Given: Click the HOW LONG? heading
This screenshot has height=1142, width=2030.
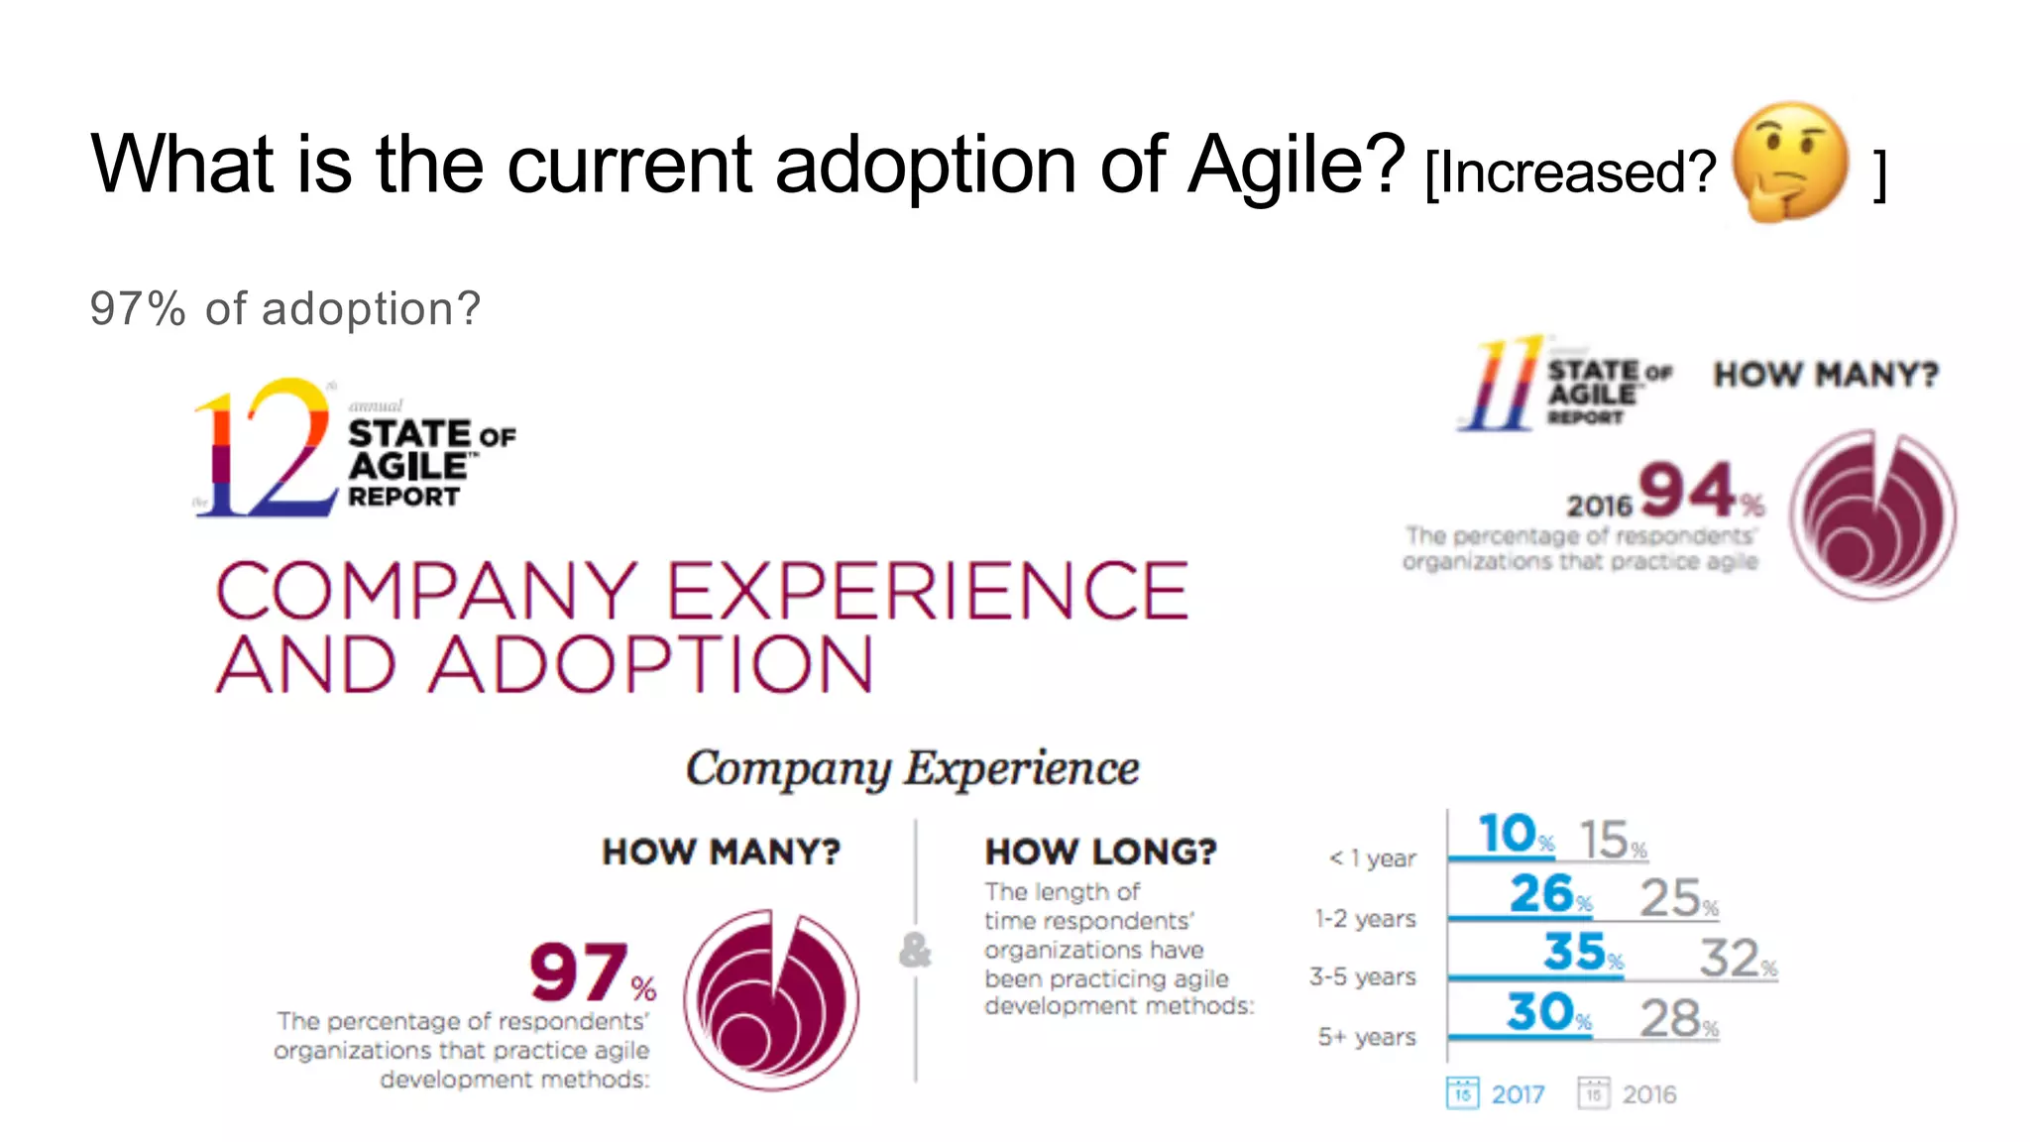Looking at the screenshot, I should tap(1100, 852).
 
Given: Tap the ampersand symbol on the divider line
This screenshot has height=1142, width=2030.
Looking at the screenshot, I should tap(915, 950).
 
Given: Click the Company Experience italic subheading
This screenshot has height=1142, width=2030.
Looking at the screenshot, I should tap(912, 768).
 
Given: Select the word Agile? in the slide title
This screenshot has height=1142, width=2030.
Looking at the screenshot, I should tap(1296, 165).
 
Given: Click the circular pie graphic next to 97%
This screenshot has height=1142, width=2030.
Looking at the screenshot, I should tap(772, 999).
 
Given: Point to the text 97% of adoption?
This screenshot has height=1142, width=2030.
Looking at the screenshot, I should tap(284, 308).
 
